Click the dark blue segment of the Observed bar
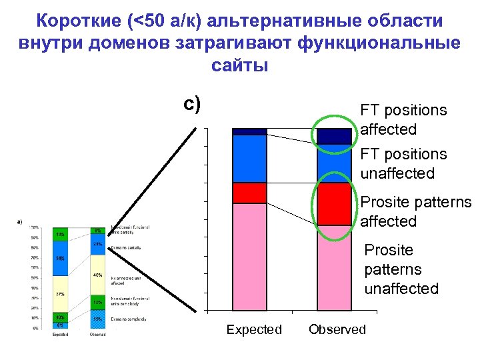[x=334, y=136]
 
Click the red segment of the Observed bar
[x=334, y=204]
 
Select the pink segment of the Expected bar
[x=249, y=256]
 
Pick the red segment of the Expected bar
[x=249, y=193]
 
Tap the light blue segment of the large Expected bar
[x=249, y=159]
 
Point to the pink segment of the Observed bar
[x=334, y=267]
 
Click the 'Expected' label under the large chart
[x=254, y=329]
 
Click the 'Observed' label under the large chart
[x=337, y=329]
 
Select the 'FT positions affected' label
[x=403, y=119]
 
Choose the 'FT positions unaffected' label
[x=403, y=163]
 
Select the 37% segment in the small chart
[x=60, y=293]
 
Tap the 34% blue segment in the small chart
[x=60, y=258]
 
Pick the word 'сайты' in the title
[x=239, y=65]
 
